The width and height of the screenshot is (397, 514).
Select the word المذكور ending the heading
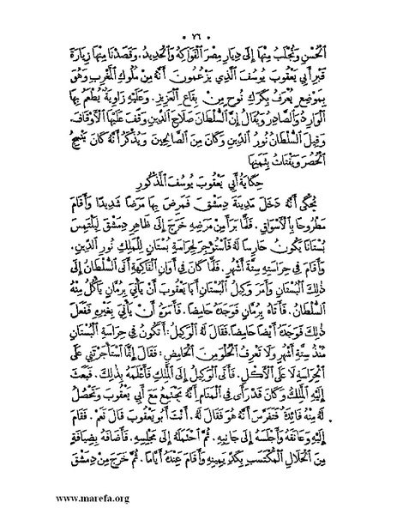click(153, 185)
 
